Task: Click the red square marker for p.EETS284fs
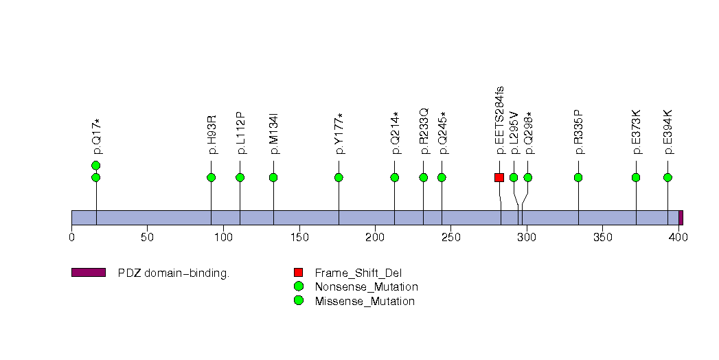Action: pos(499,177)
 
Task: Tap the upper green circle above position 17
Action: pos(96,166)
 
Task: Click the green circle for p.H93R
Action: pos(211,177)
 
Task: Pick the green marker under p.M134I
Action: pos(273,177)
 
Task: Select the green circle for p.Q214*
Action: pos(395,177)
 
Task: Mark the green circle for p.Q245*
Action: pos(442,177)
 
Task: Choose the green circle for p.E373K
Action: pos(636,177)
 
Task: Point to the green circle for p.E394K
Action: pos(667,177)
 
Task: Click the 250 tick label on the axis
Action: pos(450,238)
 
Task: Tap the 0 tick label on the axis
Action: pos(71,238)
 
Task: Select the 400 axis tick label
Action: pos(678,238)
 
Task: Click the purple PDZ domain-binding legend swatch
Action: pos(88,273)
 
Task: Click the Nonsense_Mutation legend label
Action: pos(366,286)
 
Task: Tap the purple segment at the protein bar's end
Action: pos(681,217)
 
